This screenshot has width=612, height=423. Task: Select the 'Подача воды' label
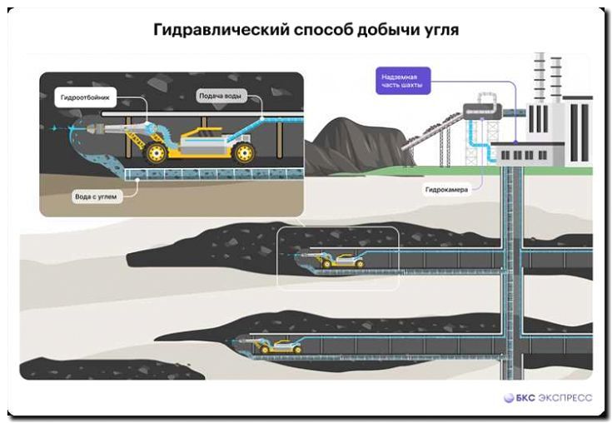221,96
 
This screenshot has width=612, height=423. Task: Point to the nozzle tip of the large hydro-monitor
77,127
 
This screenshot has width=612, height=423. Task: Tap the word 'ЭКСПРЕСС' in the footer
565,397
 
